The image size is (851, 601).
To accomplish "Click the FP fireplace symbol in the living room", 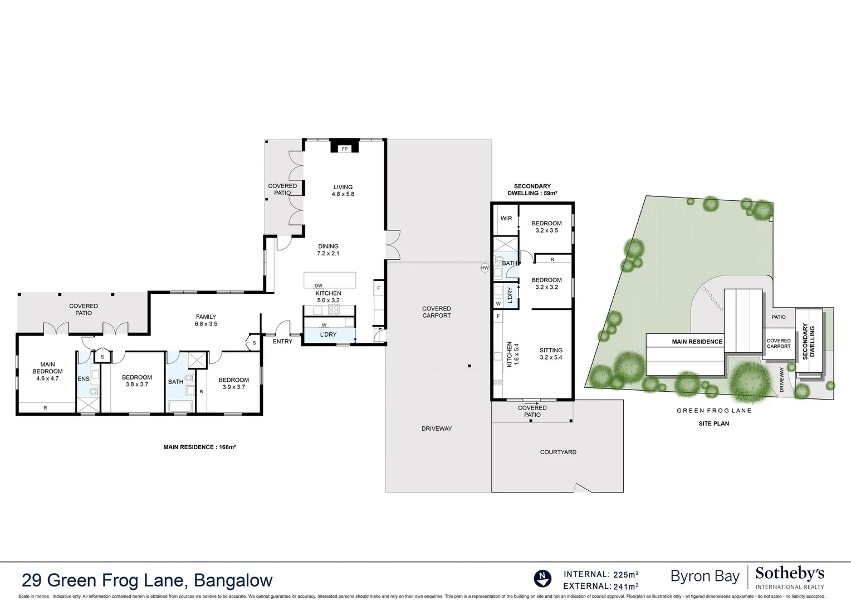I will tap(344, 149).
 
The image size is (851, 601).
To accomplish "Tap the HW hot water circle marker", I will tap(485, 268).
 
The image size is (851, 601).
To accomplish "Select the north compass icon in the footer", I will tap(542, 579).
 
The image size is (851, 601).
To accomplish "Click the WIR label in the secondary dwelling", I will tap(506, 219).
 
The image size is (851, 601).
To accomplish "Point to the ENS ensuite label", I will tap(84, 379).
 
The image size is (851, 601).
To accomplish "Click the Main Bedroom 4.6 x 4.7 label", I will tap(47, 372).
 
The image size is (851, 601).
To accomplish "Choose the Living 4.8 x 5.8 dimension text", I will tap(343, 191).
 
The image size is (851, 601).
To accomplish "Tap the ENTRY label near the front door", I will tap(282, 342).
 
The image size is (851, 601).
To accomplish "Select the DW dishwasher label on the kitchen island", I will tap(319, 286).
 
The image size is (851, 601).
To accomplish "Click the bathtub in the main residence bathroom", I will tap(180, 407).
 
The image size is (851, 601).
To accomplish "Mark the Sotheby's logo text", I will tap(790, 574).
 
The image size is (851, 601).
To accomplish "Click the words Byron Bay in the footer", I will tap(705, 577).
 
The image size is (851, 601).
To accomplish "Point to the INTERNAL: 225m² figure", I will tap(601, 574).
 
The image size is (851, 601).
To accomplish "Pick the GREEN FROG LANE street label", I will tap(714, 411).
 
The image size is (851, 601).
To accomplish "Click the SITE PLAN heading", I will tap(713, 423).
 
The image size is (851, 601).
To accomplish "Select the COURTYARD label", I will tap(558, 452).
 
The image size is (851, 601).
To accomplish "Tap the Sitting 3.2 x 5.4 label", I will tap(551, 354).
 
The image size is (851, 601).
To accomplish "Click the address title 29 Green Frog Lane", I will tap(147, 580).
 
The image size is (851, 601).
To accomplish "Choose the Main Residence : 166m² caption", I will tap(199, 447).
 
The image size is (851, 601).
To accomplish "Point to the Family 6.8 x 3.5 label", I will tap(206, 320).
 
